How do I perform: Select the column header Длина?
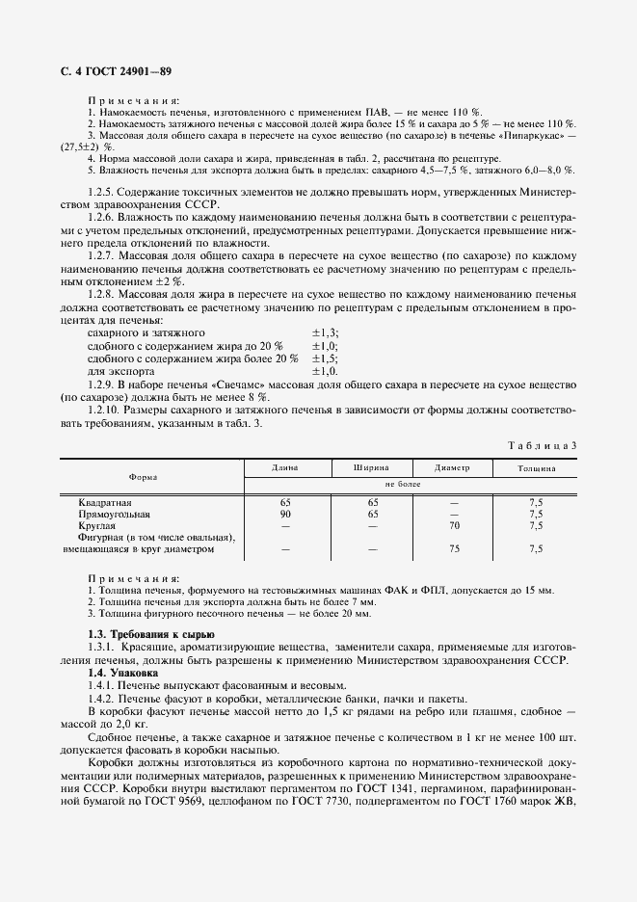click(285, 468)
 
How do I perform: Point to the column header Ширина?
click(371, 468)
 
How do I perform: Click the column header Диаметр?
click(452, 468)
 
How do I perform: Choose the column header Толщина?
click(535, 468)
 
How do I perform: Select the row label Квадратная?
click(105, 502)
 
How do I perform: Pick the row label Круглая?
click(96, 526)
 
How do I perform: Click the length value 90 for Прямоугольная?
click(285, 515)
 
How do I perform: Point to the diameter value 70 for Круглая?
click(452, 526)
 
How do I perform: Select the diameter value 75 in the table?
click(452, 549)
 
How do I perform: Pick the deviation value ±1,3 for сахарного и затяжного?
click(325, 332)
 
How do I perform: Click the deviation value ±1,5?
click(325, 358)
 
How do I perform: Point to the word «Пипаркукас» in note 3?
click(528, 137)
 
